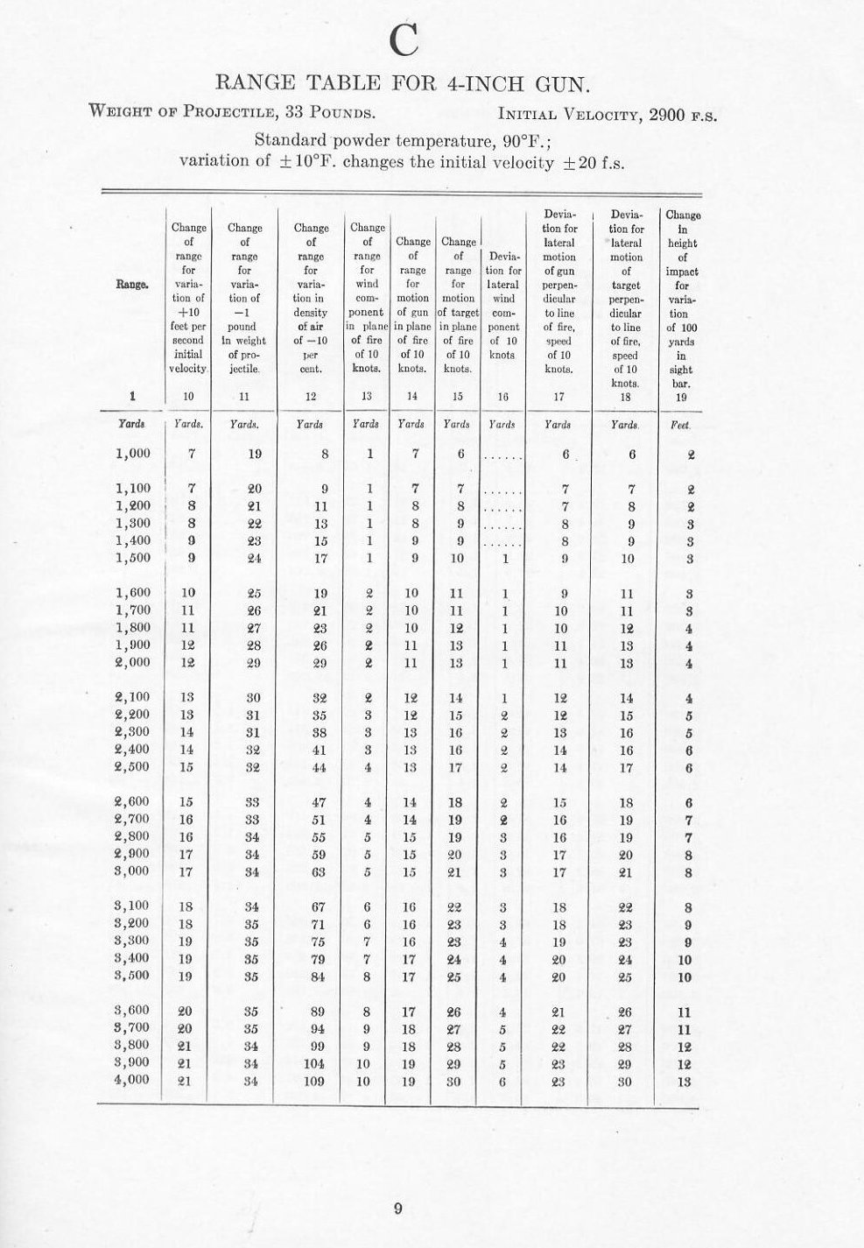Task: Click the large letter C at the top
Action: point(404,38)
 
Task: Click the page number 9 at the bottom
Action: point(397,1209)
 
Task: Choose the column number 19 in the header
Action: point(682,397)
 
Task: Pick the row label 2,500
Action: point(133,767)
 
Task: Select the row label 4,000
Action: point(133,1080)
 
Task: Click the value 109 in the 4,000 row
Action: point(320,1081)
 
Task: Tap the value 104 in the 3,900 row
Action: point(320,1063)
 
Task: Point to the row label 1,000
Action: point(133,454)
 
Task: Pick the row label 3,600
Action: point(133,1011)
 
